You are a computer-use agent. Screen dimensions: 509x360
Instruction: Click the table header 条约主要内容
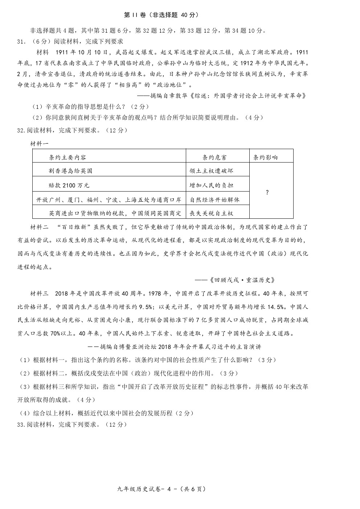click(67, 157)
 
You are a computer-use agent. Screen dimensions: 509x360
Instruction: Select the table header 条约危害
click(215, 157)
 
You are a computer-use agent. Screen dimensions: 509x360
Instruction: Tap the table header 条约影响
click(265, 157)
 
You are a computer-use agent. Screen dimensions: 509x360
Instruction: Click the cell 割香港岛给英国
click(70, 171)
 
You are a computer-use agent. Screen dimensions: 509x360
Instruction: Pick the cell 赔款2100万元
click(69, 185)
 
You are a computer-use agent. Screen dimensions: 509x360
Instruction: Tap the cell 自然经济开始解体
click(214, 199)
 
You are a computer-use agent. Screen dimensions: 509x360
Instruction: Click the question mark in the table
click(267, 192)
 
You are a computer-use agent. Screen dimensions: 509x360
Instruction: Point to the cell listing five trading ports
click(109, 199)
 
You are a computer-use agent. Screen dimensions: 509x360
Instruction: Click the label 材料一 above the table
click(39, 144)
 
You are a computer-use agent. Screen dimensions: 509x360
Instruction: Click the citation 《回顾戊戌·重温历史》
click(240, 280)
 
